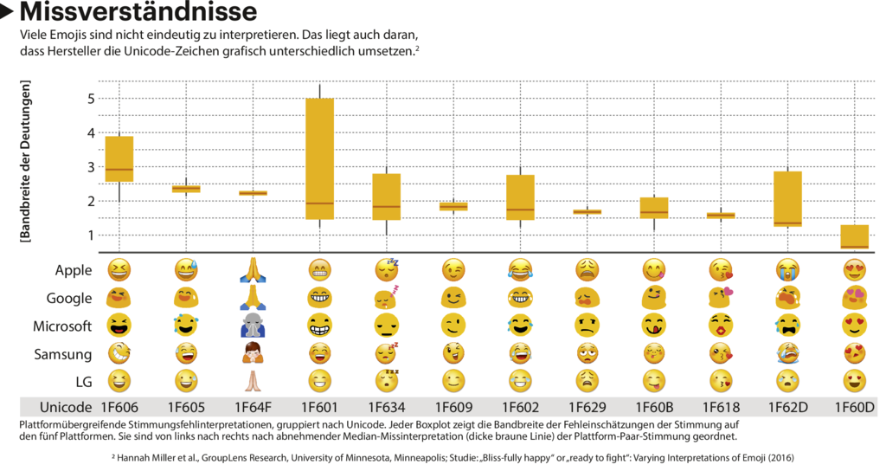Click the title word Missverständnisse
138,13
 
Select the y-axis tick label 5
90,99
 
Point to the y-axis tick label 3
90,167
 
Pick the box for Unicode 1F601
319,158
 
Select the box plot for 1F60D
855,237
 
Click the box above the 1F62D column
787,199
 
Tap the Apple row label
74,270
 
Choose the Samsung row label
63,353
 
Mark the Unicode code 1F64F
252,407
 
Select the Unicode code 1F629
587,407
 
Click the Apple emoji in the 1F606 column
119,270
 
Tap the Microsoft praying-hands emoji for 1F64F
252,326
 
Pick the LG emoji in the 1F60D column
855,381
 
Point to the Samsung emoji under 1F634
387,353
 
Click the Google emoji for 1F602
520,298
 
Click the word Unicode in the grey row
65,407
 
